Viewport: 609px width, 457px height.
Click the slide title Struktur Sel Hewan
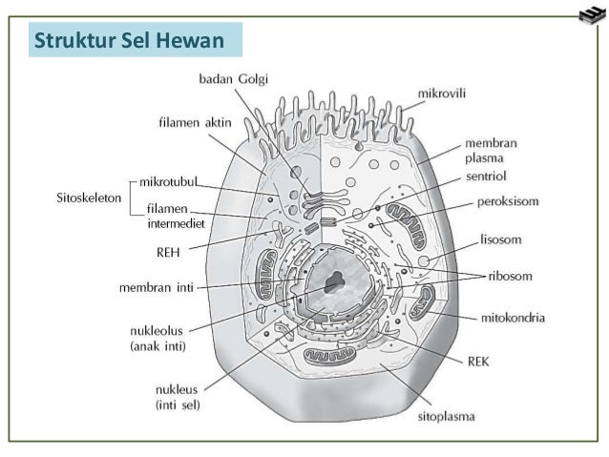click(128, 42)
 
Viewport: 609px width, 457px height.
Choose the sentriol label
click(486, 177)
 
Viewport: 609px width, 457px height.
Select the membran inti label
click(157, 286)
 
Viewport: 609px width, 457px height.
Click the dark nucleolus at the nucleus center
click(334, 282)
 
